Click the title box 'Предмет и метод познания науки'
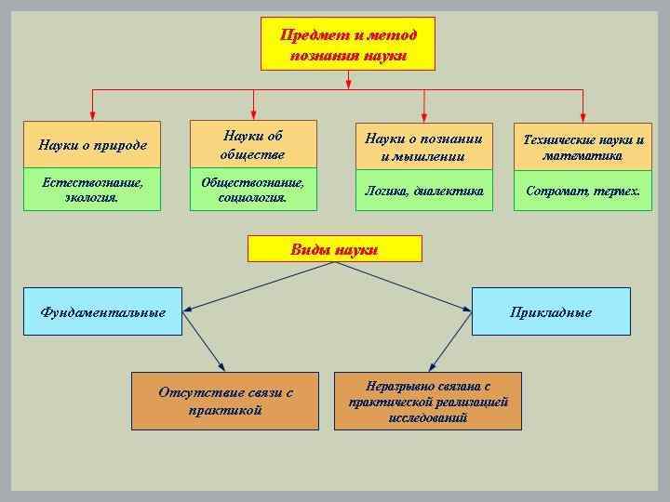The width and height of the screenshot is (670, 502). [348, 45]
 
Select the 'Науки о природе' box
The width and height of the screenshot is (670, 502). [92, 145]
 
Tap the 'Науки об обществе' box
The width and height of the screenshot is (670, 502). [253, 144]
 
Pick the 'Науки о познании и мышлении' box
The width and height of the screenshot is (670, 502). [423, 146]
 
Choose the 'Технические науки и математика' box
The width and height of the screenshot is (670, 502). [583, 146]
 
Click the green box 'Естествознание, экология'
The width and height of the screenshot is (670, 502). [92, 190]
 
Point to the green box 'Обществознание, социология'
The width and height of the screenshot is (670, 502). [253, 190]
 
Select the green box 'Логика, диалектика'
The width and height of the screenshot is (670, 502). [423, 191]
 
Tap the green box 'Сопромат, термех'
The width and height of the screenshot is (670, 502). [583, 191]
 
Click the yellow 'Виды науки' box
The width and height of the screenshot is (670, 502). [334, 248]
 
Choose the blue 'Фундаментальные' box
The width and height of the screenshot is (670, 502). [103, 311]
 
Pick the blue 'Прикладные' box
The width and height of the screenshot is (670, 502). [551, 311]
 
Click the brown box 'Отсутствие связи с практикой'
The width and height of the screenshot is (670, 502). [226, 401]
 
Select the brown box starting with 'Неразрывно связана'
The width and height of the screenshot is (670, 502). [428, 401]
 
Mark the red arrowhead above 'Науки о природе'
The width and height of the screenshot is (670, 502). [91, 113]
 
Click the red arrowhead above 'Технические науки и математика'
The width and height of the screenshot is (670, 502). [583, 113]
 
